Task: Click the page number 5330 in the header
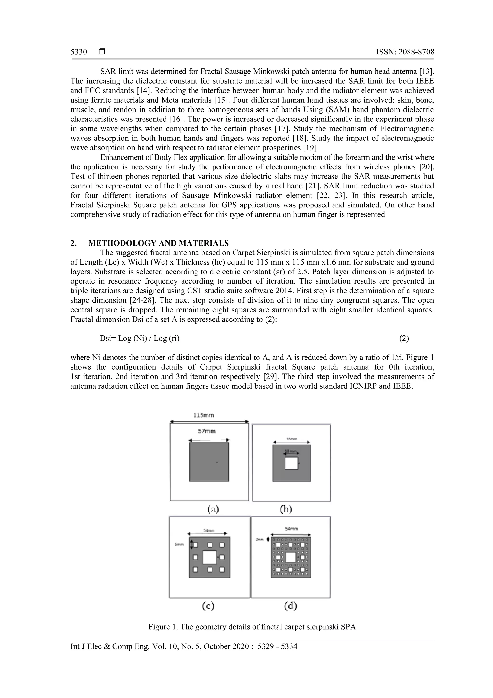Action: coord(79,52)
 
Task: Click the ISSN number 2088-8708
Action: coord(405,52)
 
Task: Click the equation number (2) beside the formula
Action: coord(404,338)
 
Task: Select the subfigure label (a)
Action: coord(213,509)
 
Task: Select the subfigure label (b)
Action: coord(286,509)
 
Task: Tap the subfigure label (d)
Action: coord(290,606)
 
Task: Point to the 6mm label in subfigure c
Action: coord(179,545)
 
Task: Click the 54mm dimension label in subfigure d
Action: coord(292,529)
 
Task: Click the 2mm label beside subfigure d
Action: coord(259,539)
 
